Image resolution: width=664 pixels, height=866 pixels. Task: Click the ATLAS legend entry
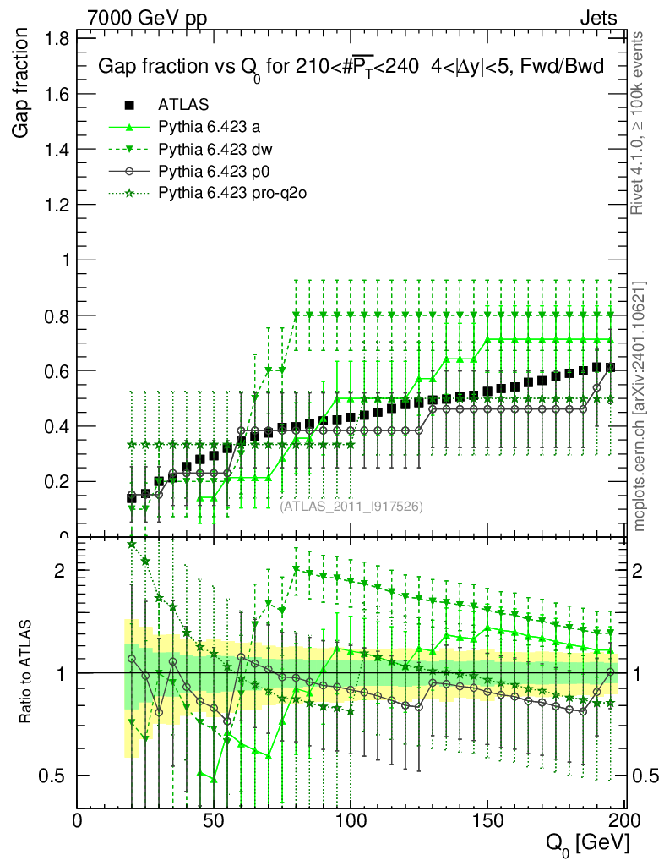coord(183,105)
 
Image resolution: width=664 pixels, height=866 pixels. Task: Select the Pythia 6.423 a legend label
coord(209,127)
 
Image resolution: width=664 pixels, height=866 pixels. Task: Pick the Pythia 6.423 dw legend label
coord(214,149)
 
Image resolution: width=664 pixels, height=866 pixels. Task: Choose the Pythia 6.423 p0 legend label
coord(212,171)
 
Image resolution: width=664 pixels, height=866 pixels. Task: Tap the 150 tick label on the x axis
coord(487,820)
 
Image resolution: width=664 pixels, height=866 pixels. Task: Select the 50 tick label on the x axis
coord(214,820)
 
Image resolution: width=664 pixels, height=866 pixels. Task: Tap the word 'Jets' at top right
coord(598,18)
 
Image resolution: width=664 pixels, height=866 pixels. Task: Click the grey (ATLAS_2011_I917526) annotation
coord(351,506)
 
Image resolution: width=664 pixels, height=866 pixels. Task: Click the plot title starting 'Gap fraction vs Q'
coord(351,67)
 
